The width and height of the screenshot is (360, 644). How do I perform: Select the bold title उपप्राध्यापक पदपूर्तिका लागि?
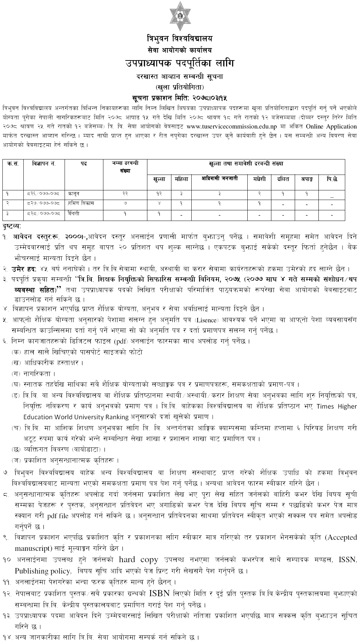pos(180,63)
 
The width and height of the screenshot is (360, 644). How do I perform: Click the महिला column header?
pos(181,179)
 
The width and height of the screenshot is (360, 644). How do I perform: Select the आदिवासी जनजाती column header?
pos(220,178)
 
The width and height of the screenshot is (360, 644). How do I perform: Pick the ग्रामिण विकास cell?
pos(81,203)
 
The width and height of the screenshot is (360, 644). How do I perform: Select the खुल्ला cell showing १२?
pos(159,194)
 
